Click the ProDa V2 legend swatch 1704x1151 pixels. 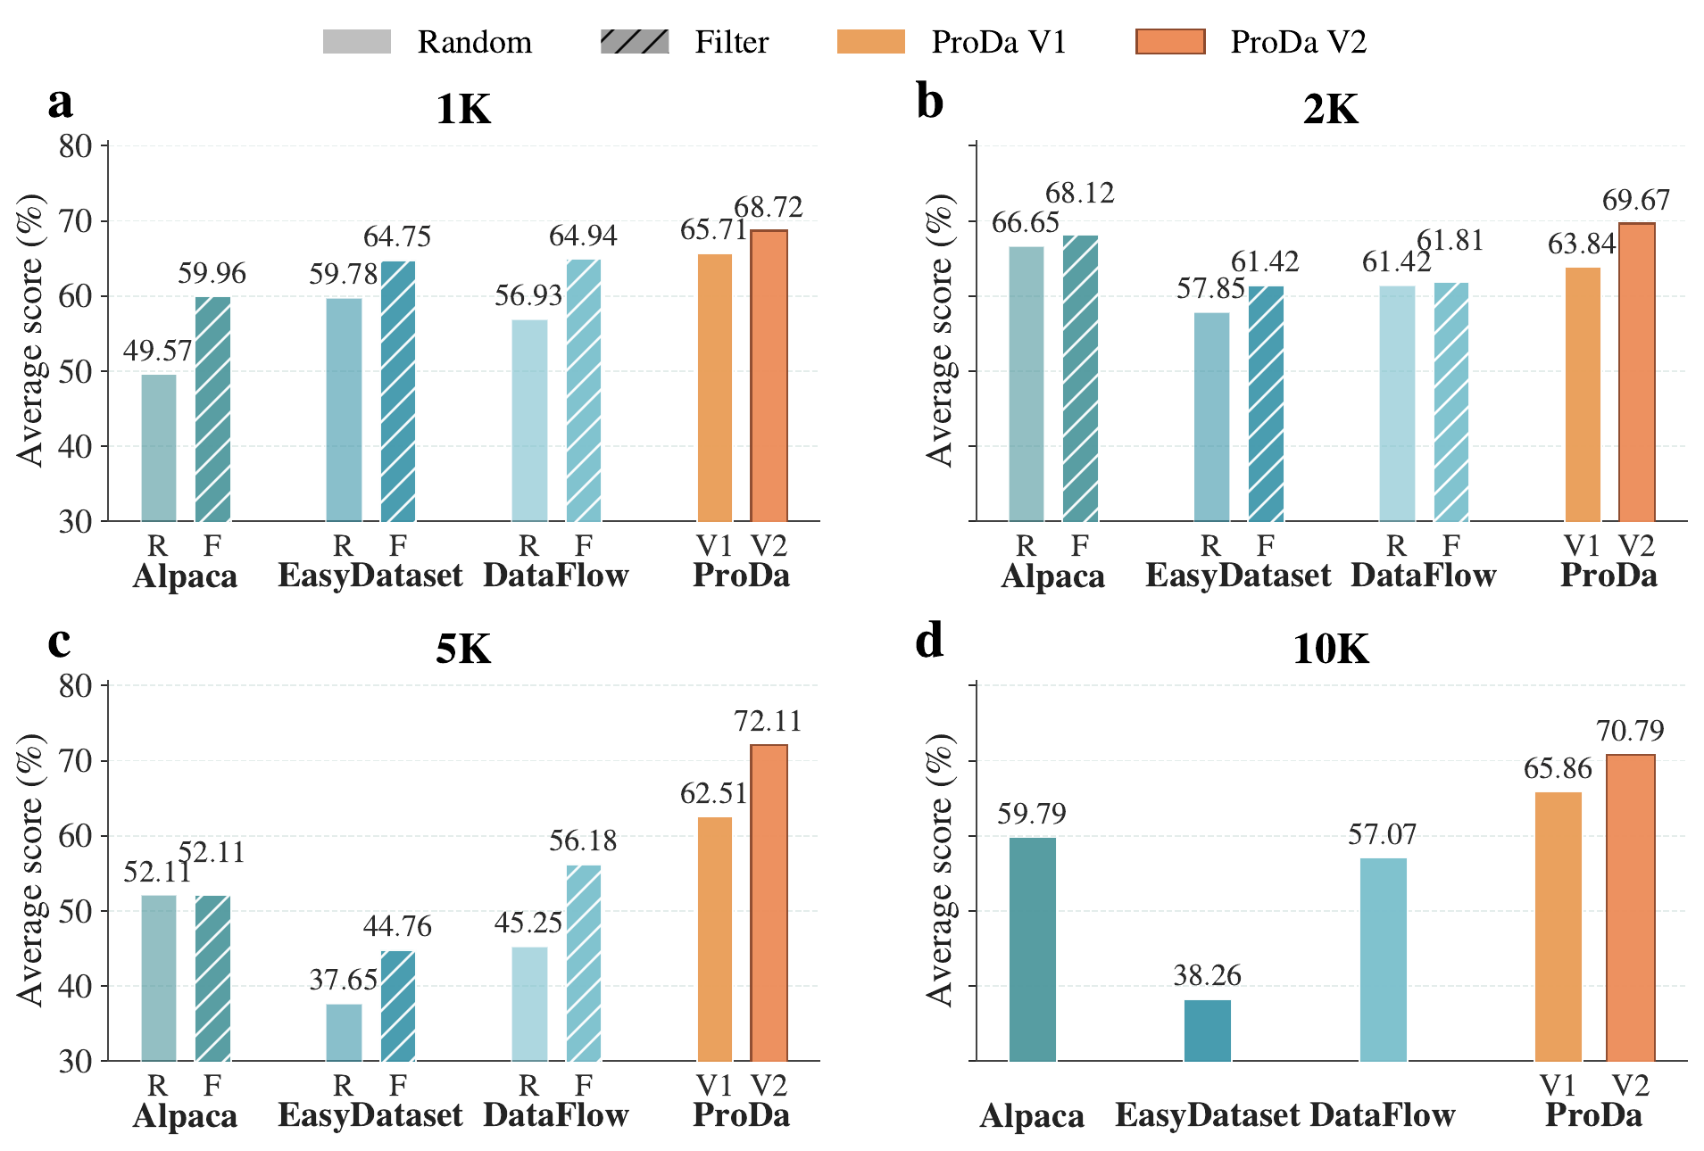click(x=1169, y=42)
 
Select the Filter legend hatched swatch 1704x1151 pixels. click(x=635, y=42)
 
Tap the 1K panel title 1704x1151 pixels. click(x=463, y=110)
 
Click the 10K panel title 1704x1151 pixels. click(x=1330, y=649)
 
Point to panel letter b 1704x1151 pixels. click(x=929, y=103)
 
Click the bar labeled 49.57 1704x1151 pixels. click(x=159, y=448)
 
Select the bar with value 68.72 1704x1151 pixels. click(x=769, y=376)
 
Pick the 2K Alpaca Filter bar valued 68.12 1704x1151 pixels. click(x=1080, y=378)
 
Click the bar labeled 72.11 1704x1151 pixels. click(x=769, y=902)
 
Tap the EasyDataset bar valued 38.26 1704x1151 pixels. click(x=1207, y=1031)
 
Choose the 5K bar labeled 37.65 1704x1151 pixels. click(x=344, y=1032)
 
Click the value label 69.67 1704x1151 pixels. click(x=1635, y=201)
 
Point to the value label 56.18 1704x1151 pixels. click(x=583, y=841)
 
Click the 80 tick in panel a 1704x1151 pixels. click(x=76, y=146)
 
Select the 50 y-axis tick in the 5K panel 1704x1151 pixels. click(x=76, y=912)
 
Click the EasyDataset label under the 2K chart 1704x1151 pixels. click(x=1238, y=575)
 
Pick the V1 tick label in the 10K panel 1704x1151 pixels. click(x=1558, y=1086)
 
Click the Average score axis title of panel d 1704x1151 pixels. click(x=939, y=871)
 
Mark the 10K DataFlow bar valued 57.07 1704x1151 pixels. click(x=1383, y=959)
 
